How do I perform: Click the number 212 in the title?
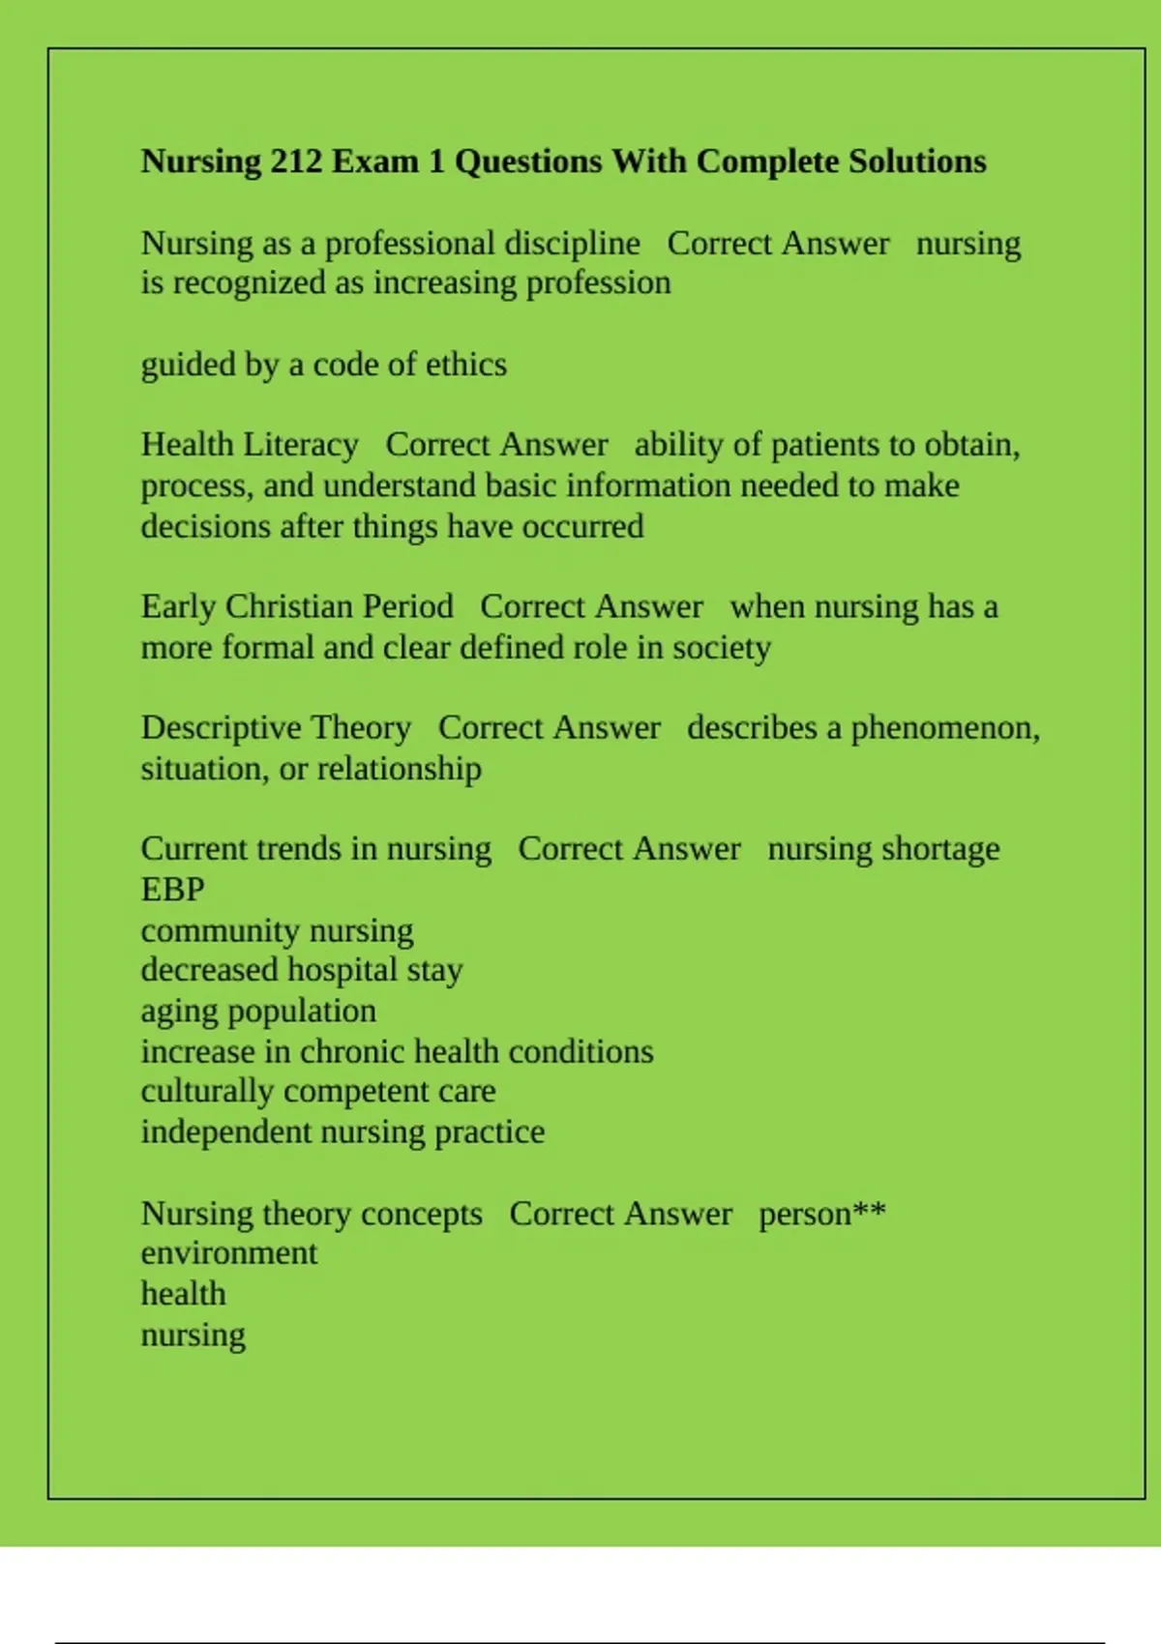click(296, 161)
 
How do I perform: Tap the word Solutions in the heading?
click(917, 161)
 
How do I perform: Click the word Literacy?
click(301, 445)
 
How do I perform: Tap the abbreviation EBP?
click(172, 890)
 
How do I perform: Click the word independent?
click(225, 1132)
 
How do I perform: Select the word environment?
click(228, 1253)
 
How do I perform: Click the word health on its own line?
click(183, 1294)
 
